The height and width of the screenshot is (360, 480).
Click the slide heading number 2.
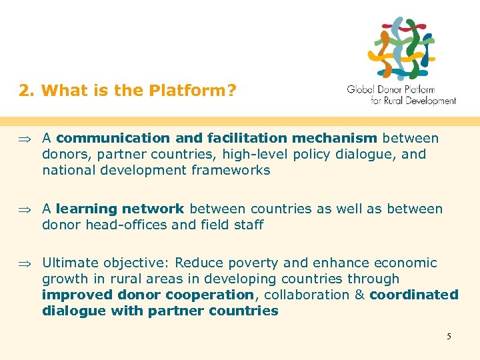(25, 90)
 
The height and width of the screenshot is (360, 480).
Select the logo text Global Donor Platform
(391, 89)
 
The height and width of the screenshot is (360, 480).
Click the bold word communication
(113, 138)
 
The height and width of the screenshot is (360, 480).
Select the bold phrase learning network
(120, 209)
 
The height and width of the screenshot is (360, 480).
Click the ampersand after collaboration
(359, 295)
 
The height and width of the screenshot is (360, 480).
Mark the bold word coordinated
(414, 295)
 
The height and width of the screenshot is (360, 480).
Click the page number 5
(449, 336)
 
